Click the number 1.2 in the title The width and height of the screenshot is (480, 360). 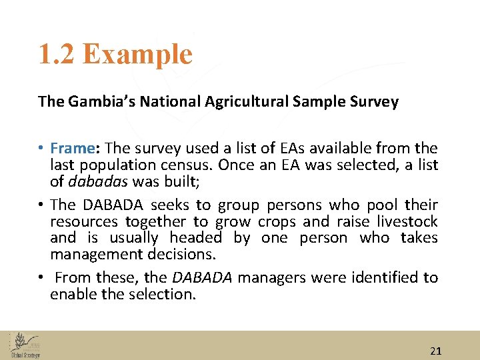(57, 54)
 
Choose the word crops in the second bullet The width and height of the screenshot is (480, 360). (277, 221)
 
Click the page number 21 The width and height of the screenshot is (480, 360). (436, 351)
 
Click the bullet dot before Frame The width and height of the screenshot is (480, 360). (41, 149)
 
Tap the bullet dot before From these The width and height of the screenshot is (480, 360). (41, 278)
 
